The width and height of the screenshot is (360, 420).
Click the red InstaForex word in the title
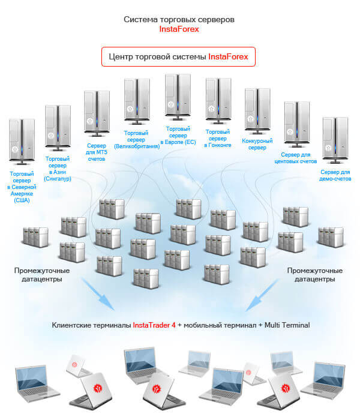(179, 29)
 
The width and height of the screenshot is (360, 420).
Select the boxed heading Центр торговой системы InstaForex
(179, 57)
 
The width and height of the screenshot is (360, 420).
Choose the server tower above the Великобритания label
(137, 101)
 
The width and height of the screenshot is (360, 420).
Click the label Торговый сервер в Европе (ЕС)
(178, 136)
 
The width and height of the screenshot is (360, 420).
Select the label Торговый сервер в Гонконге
(218, 139)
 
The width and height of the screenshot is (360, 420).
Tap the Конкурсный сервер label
(257, 144)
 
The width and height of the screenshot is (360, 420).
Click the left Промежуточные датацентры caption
(42, 275)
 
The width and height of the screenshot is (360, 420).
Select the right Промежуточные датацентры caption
(315, 275)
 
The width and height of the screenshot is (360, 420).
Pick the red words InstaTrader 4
(154, 325)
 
